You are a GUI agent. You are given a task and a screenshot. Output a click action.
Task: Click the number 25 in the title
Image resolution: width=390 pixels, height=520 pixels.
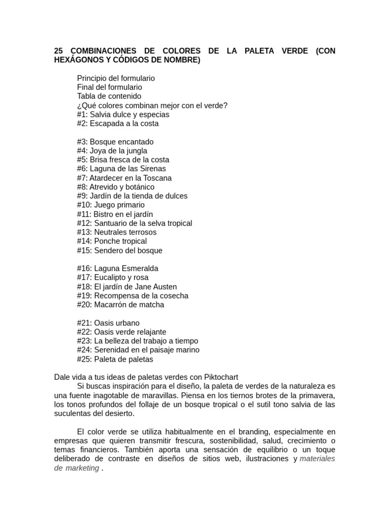[x=58, y=51]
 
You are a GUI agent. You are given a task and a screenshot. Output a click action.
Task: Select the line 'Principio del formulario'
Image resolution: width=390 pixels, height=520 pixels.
[x=116, y=78]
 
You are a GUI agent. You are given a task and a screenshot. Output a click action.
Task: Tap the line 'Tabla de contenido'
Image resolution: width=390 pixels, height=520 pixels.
[x=109, y=96]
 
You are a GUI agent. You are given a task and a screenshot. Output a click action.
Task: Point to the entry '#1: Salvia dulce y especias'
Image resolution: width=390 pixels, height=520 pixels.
[x=123, y=114]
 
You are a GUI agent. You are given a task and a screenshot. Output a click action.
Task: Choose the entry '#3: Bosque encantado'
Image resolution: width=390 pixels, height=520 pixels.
[x=115, y=142]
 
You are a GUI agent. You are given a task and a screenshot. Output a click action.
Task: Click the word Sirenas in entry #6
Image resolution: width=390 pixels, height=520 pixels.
[x=153, y=169]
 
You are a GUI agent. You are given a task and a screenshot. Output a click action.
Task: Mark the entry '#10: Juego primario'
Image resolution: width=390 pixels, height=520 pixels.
[x=111, y=205]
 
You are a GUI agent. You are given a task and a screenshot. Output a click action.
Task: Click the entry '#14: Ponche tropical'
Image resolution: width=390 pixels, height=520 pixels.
[x=112, y=241]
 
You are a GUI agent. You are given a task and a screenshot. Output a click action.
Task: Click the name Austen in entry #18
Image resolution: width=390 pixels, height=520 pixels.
[x=165, y=287]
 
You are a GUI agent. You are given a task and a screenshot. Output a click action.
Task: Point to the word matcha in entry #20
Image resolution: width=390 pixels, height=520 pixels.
[x=152, y=305]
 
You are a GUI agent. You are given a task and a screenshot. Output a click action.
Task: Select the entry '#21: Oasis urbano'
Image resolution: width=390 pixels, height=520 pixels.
[x=108, y=323]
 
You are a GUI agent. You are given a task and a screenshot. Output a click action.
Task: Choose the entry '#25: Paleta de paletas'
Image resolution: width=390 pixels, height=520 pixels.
[x=115, y=359]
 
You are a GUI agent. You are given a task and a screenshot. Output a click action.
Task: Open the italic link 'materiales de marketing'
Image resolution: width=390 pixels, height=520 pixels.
[x=317, y=459]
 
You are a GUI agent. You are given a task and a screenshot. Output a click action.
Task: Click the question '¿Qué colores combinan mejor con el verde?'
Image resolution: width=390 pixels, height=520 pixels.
[x=152, y=105]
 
